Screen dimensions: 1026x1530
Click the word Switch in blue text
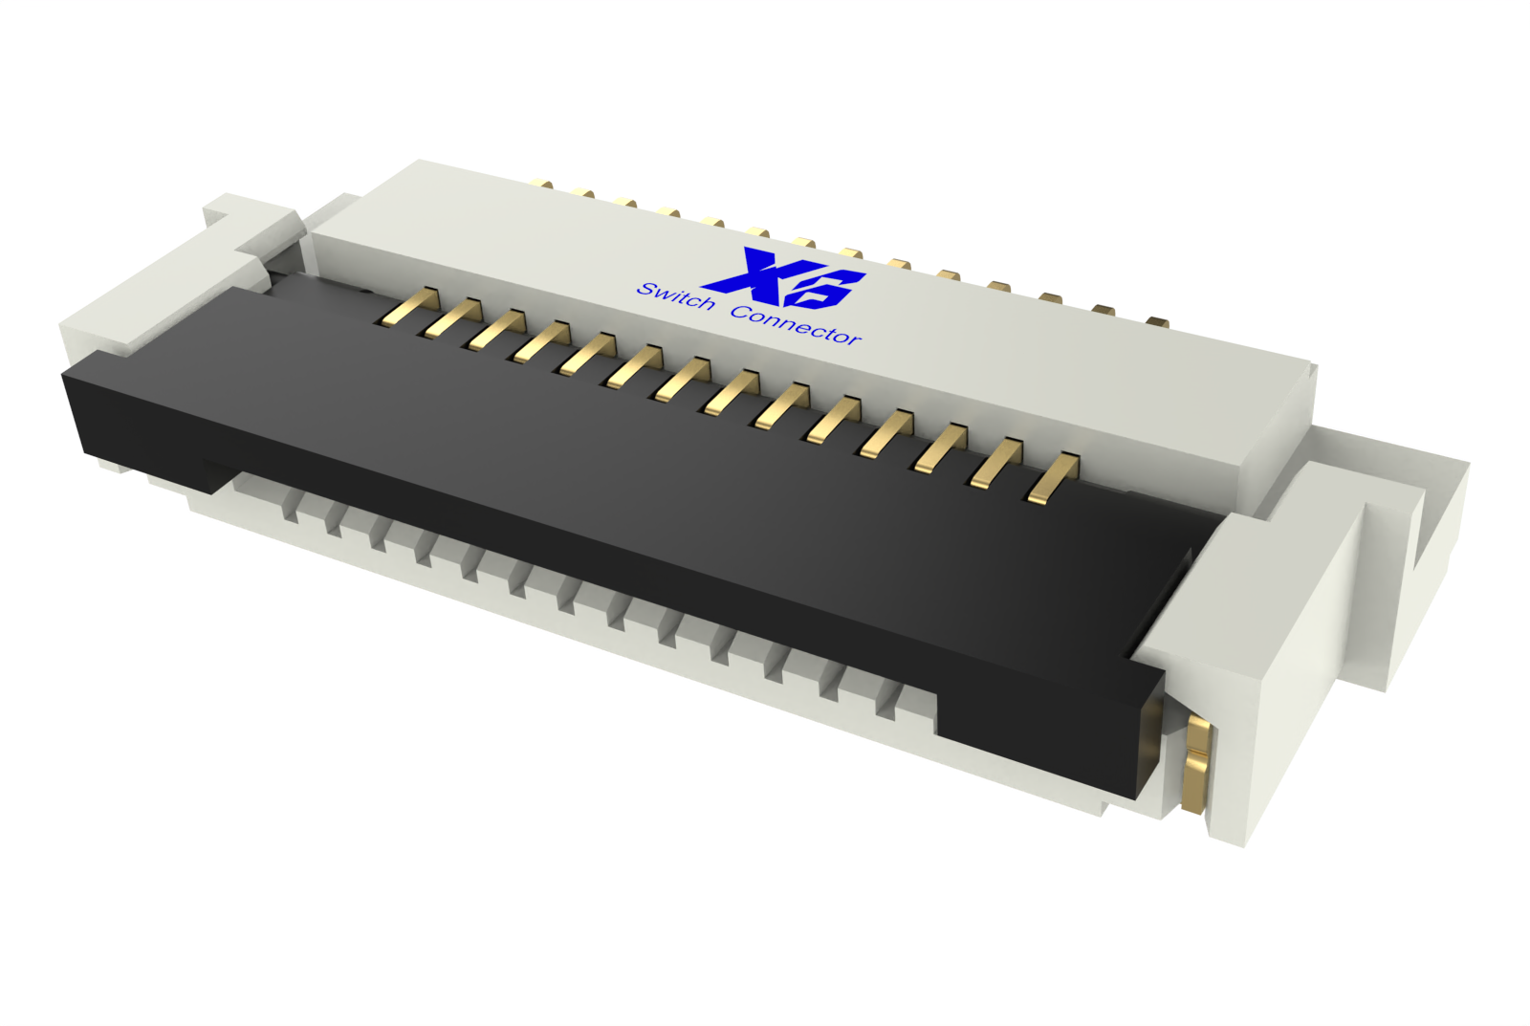click(676, 297)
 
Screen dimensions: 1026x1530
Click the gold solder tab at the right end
click(1195, 765)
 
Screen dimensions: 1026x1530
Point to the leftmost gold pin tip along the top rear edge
click(542, 184)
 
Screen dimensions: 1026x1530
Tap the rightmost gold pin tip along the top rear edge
click(1157, 321)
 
